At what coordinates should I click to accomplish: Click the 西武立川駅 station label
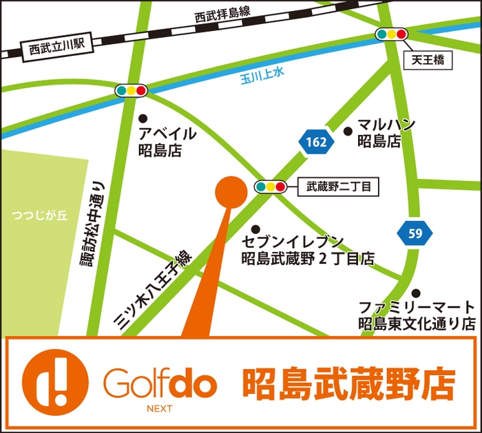(x=55, y=49)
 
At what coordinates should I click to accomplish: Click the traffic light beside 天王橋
(x=390, y=34)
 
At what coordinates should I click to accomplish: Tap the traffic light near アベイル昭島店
(x=131, y=90)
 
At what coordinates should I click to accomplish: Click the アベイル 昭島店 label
(x=167, y=142)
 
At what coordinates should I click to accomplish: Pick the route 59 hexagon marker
(x=415, y=233)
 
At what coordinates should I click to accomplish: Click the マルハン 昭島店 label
(x=386, y=133)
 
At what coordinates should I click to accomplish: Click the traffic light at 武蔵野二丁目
(x=270, y=186)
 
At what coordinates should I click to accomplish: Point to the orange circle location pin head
(x=231, y=192)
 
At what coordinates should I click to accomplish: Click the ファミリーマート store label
(x=417, y=315)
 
